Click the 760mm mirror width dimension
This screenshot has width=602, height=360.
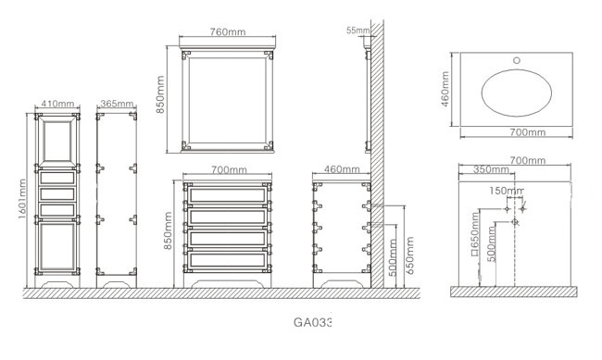coord(227,31)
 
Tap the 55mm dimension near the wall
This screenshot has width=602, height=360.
coord(357,31)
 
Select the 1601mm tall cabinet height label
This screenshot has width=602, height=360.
coord(22,199)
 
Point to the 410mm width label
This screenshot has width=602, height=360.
coord(57,104)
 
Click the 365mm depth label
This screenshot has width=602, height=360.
coord(117,104)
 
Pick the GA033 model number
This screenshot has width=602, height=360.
coord(312,322)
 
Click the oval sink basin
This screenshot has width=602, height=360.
coord(517,93)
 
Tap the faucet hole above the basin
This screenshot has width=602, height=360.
coord(517,60)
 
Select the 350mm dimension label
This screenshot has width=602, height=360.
coord(491,169)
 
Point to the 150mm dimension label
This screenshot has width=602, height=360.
coord(507,191)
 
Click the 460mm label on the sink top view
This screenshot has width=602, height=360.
coord(445,89)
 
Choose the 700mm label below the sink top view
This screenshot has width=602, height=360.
coord(528,132)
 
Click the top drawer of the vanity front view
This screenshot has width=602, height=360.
coord(228,195)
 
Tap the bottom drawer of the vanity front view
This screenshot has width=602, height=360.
coord(228,260)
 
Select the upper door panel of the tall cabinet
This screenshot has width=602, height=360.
coord(57,141)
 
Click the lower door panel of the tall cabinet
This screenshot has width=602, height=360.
coord(57,246)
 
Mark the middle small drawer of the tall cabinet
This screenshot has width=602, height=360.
coord(57,193)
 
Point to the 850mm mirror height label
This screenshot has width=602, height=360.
coord(160,94)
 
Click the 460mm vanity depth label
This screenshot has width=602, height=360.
coord(342,169)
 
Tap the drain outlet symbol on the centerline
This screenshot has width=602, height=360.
coord(515,222)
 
